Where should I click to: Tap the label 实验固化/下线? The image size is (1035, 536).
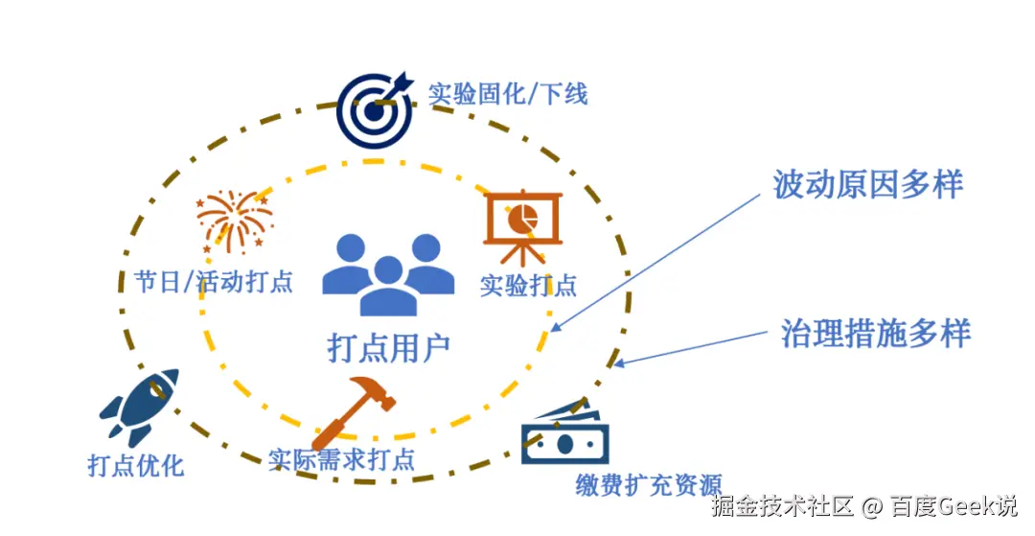point(507,94)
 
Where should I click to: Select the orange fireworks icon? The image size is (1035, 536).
point(234,221)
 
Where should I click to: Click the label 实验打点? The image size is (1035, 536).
point(528,285)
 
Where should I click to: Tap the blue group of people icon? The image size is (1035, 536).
point(388,273)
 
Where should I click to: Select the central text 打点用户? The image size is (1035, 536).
point(388,347)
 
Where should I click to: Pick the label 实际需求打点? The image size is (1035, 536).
point(341,459)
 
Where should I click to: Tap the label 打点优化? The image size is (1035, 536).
point(135,467)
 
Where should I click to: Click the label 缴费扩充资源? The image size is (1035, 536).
point(648,485)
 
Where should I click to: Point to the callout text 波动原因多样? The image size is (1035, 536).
point(867,184)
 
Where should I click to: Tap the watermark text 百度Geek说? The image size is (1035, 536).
point(953,505)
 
